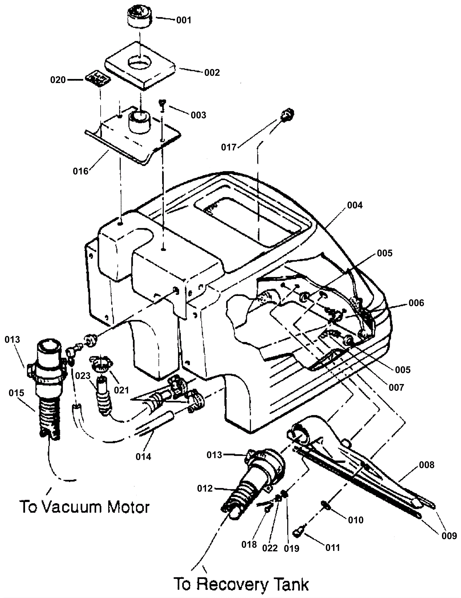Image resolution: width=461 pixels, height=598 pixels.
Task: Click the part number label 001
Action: pos(184,20)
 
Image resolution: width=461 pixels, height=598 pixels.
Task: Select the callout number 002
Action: pos(212,73)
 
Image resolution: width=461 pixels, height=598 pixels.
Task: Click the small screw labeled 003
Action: pos(162,105)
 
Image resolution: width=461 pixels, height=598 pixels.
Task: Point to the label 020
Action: pos(58,80)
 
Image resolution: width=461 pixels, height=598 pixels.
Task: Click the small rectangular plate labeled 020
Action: pos(98,79)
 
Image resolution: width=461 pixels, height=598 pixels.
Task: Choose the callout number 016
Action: pos(80,171)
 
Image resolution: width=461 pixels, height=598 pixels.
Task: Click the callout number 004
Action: pos(355,205)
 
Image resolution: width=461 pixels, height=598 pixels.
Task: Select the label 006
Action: pos(416,303)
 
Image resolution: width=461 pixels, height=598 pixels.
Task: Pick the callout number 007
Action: pos(396,387)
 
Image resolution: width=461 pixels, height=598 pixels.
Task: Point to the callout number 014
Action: pos(143,457)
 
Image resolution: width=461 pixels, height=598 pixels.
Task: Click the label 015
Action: pos(16,393)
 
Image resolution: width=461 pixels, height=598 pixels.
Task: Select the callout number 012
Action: pos(205,488)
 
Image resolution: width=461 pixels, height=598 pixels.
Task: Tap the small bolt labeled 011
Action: pos(298,533)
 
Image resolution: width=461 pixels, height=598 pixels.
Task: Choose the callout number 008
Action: pos(426,465)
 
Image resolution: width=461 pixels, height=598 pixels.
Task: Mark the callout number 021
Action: pos(121,391)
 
